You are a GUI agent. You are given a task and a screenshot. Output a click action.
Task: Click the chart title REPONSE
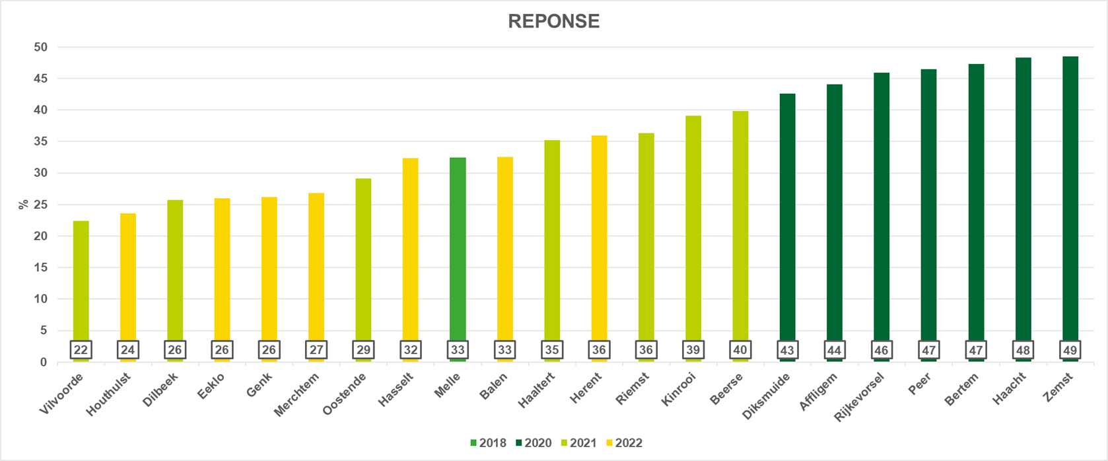click(553, 21)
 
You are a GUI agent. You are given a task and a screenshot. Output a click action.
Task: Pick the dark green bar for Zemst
click(1070, 198)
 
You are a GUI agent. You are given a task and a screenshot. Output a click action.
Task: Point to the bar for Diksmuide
click(787, 218)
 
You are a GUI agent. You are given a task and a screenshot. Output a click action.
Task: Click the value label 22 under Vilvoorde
click(81, 350)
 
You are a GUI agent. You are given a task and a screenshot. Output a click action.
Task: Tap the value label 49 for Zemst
click(1070, 350)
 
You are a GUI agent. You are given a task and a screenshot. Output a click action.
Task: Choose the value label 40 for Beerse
click(740, 350)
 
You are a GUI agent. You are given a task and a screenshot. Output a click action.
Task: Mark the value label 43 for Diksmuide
click(787, 350)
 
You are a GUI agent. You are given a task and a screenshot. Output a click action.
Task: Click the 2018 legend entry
click(488, 443)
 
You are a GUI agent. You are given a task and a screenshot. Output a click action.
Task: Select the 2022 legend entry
click(624, 443)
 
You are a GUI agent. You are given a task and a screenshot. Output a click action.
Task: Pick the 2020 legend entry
click(534, 443)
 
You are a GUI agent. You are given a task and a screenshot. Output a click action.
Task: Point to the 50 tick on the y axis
click(41, 47)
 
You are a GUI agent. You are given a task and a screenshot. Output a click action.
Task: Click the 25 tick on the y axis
click(41, 205)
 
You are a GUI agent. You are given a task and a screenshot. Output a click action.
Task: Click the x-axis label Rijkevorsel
click(859, 397)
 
